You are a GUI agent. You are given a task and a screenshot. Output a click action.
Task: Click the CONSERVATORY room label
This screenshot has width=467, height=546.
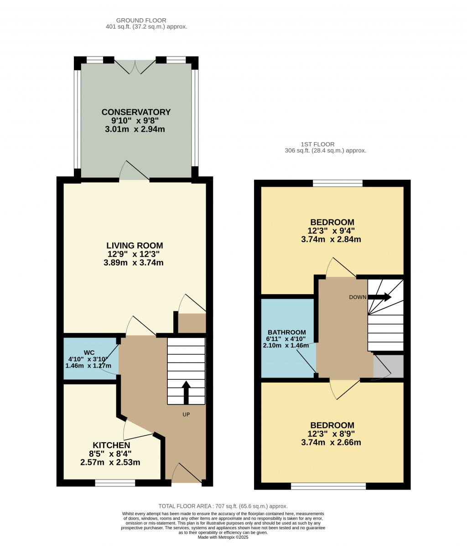pos(136,112)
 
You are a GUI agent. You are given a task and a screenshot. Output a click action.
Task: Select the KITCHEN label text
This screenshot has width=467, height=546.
pos(111,445)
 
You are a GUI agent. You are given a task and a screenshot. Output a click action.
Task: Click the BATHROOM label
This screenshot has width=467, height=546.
pos(287,332)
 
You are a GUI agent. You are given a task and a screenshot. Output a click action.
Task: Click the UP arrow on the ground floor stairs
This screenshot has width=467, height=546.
pos(186,392)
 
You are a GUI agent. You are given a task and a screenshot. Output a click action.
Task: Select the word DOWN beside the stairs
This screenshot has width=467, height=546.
pos(358,297)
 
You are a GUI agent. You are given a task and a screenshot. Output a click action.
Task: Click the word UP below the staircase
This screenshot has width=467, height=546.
pos(186,414)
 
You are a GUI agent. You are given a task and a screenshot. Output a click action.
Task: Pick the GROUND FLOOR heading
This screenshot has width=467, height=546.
pos(141,20)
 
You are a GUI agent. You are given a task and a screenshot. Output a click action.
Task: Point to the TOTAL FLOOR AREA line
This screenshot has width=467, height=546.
pos(223,506)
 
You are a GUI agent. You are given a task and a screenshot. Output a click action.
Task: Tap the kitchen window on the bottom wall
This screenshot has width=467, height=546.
pos(115,483)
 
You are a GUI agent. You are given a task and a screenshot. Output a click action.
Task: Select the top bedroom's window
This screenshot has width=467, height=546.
pos(337,183)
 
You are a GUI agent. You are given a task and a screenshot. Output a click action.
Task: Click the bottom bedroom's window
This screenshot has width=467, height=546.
pos(328,486)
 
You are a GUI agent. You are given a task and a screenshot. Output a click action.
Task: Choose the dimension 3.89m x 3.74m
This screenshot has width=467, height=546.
pos(134,263)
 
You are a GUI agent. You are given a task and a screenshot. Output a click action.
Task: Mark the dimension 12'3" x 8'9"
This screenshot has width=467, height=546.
pos(331,434)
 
